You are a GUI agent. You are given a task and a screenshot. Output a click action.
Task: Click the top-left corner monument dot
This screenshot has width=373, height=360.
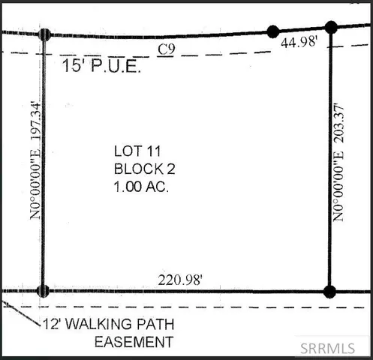pyautogui.click(x=44, y=34)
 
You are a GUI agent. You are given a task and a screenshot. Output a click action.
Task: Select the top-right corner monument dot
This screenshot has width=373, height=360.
pyautogui.click(x=331, y=27)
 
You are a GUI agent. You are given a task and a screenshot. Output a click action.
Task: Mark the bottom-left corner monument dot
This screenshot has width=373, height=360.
pyautogui.click(x=43, y=291)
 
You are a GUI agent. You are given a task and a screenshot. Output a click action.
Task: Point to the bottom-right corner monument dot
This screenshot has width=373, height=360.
pyautogui.click(x=328, y=291)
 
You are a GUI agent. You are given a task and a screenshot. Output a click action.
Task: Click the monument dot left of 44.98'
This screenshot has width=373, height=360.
pyautogui.click(x=273, y=31)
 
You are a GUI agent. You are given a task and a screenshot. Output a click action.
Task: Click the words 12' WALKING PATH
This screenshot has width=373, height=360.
pyautogui.click(x=108, y=325)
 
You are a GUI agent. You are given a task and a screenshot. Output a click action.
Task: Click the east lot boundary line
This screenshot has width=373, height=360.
pyautogui.click(x=330, y=187)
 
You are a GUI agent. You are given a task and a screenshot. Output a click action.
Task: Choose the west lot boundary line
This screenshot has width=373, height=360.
pyautogui.click(x=44, y=225)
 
